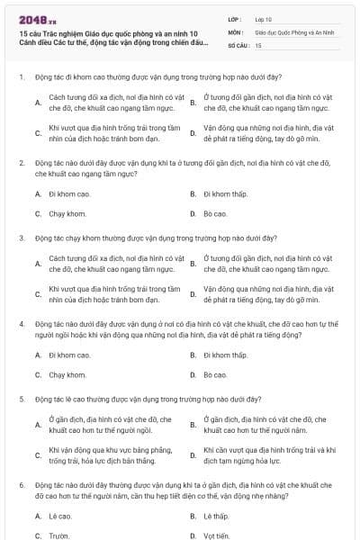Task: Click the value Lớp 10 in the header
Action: [263, 18]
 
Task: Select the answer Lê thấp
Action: [216, 516]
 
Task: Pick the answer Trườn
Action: [59, 535]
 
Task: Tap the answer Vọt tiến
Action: [217, 535]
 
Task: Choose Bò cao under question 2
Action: [215, 213]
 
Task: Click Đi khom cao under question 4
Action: [67, 355]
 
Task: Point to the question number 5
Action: [21, 398]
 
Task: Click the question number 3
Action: [21, 238]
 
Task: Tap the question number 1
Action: [21, 77]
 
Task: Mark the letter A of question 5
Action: [38, 425]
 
